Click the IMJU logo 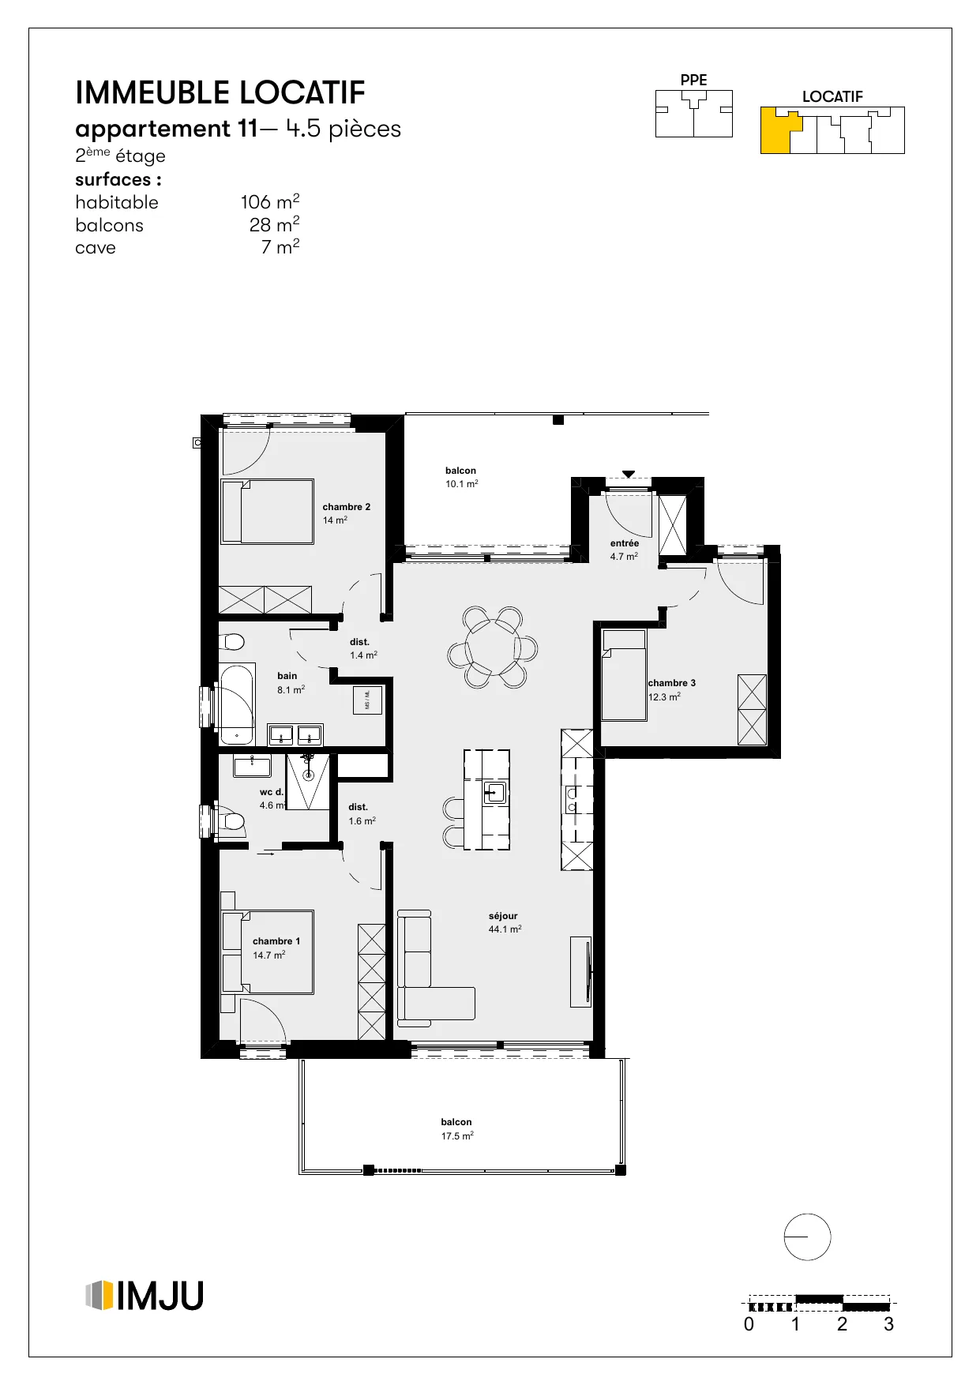144,1296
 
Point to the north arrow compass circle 807,1237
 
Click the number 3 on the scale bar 888,1324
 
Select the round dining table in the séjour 493,647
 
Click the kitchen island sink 494,792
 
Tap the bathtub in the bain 237,704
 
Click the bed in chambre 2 267,511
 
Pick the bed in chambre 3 624,675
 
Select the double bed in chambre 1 268,952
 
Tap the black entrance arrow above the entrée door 628,474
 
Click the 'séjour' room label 503,916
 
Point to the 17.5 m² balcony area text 457,1136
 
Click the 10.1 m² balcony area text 462,484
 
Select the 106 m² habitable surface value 270,201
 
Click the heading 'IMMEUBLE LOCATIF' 220,93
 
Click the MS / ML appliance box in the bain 367,700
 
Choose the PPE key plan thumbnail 694,114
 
